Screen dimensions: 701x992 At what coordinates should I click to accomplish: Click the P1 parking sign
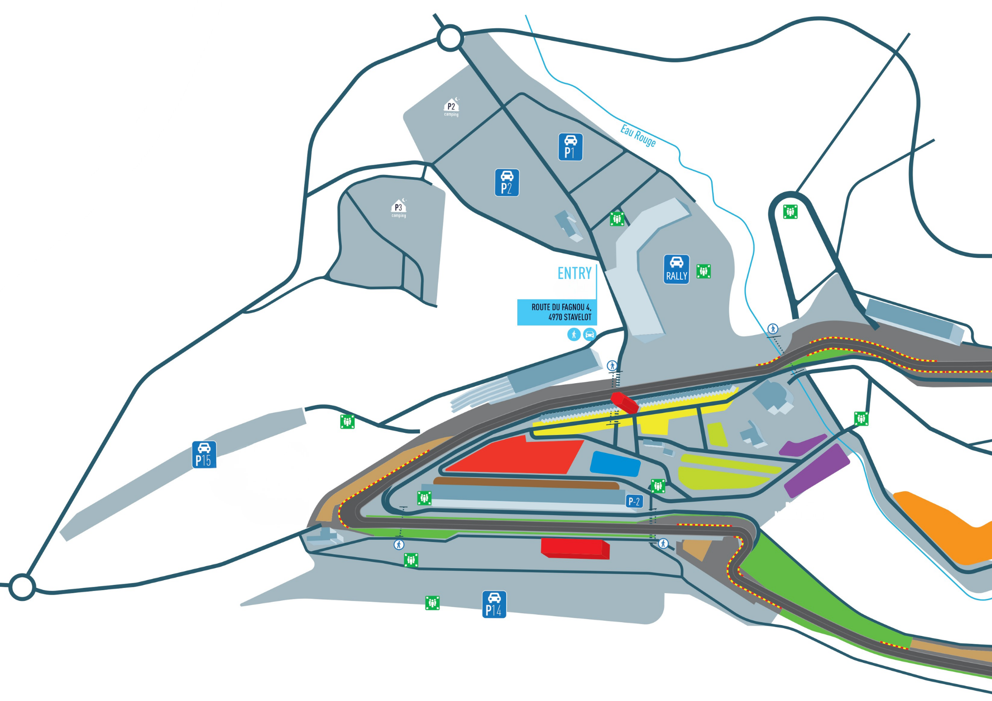coord(570,147)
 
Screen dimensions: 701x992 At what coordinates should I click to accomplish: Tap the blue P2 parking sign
coord(506,182)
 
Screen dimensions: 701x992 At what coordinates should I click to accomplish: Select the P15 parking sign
coord(204,455)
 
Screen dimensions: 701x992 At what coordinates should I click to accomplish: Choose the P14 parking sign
coord(494,604)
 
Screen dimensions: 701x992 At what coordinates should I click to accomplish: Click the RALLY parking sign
coord(677,269)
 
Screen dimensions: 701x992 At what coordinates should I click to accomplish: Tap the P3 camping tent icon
coord(398,207)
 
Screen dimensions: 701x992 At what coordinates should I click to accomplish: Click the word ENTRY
coord(574,273)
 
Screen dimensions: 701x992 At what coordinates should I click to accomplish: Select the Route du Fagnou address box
coord(557,312)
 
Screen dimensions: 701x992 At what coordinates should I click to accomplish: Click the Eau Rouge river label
coord(638,135)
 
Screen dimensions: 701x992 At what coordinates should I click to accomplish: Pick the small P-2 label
coord(634,501)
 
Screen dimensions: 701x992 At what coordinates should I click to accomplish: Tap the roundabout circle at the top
coord(450,38)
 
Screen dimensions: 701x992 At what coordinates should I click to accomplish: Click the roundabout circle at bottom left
coord(22,586)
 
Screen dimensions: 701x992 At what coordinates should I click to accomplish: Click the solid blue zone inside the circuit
coord(615,464)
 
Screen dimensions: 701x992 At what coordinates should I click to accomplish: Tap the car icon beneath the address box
coord(589,334)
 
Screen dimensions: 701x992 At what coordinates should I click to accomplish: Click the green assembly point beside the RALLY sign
coord(703,271)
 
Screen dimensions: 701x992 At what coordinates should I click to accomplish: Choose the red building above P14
coord(574,548)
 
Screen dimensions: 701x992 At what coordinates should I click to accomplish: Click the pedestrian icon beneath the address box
coord(574,334)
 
